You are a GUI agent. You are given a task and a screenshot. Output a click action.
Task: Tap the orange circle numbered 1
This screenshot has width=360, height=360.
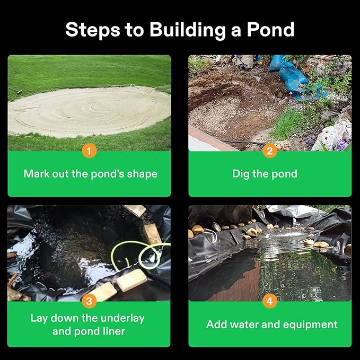pyautogui.click(x=89, y=151)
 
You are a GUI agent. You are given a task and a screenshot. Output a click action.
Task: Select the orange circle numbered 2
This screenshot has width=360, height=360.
pyautogui.click(x=270, y=151)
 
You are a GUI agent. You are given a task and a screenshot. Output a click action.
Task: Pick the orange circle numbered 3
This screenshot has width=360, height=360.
pyautogui.click(x=89, y=301)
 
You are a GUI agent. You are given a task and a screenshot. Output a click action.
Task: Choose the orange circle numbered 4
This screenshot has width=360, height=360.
pyautogui.click(x=270, y=301)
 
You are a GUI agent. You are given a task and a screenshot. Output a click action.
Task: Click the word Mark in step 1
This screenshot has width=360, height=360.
pyautogui.click(x=36, y=174)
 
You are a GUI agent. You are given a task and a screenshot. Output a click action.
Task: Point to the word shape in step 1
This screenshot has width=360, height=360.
pyautogui.click(x=142, y=174)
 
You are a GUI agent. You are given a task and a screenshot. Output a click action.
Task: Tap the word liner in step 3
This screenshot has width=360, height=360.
pyautogui.click(x=113, y=332)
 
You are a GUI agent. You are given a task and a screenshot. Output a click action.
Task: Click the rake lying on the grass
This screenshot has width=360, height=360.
pyautogui.click(x=15, y=93)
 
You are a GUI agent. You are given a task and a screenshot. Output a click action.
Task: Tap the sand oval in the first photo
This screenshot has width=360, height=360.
pyautogui.click(x=89, y=111)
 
